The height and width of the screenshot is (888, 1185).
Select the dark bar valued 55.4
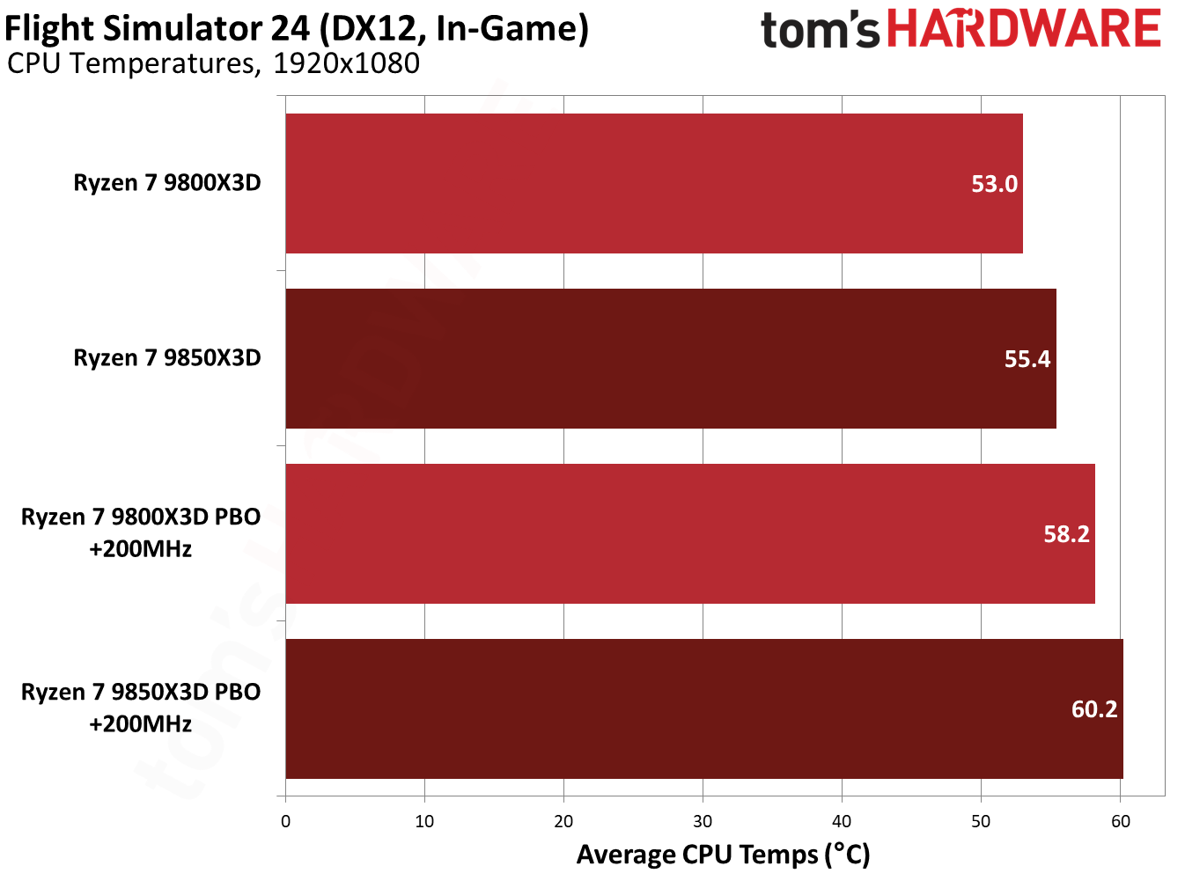670,358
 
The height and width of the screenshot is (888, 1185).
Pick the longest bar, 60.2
703,708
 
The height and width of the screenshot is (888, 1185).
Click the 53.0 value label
994,184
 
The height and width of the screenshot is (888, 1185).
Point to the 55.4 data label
1027,359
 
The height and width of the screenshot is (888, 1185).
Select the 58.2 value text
1066,534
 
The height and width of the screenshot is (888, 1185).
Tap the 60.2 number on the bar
1094,709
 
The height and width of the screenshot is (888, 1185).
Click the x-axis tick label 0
285,822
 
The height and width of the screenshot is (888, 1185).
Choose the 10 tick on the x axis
424,822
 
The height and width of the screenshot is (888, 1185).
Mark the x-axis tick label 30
703,822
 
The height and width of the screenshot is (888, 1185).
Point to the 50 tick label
981,822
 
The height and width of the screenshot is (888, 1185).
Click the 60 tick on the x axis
1120,822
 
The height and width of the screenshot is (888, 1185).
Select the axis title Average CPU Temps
723,855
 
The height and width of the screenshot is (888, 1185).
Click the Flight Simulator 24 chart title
297,29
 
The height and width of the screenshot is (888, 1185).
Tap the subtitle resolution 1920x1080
346,64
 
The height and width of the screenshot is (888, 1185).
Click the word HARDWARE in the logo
1023,29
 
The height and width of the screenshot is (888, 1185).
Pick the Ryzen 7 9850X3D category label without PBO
167,358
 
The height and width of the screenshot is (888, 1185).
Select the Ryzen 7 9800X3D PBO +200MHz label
141,532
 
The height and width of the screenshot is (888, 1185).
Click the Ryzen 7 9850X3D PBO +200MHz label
141,708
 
